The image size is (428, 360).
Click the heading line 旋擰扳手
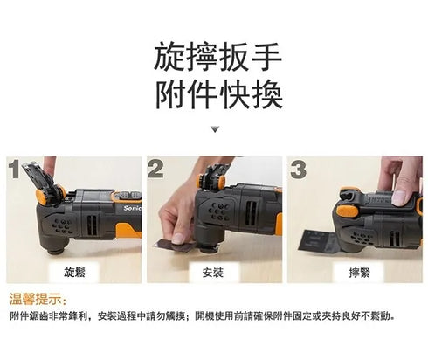coord(217,57)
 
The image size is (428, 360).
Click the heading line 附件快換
coord(219,95)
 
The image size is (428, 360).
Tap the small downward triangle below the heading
coord(215,129)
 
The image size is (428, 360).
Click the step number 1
coord(14,169)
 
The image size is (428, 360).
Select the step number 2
coord(155,169)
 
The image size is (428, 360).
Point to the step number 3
coord(298,170)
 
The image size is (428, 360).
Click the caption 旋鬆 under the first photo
coord(74,273)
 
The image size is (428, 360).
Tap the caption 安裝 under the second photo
coord(213,273)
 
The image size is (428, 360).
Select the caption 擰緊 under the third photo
coord(359,273)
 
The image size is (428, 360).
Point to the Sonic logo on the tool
coord(133,208)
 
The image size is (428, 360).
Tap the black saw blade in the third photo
coord(317,241)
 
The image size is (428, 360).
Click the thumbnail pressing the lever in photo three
coord(400,198)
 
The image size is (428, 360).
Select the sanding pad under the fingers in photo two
coord(174,245)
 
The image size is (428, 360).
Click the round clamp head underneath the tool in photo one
coord(56,250)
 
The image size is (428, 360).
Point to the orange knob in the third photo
coord(349,211)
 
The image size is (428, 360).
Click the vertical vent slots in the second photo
coord(251,213)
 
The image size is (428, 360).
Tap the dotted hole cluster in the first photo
coord(62,226)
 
